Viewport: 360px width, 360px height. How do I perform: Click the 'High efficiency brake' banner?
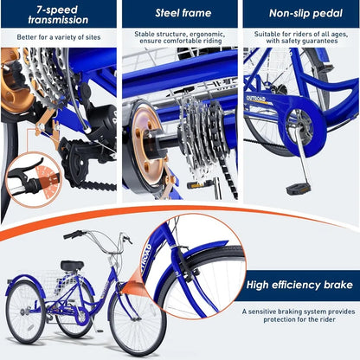pyautogui.click(x=299, y=285)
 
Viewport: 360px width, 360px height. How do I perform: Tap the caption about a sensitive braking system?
pyautogui.click(x=299, y=316)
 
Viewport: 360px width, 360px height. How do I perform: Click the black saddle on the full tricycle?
pyautogui.click(x=71, y=266)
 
